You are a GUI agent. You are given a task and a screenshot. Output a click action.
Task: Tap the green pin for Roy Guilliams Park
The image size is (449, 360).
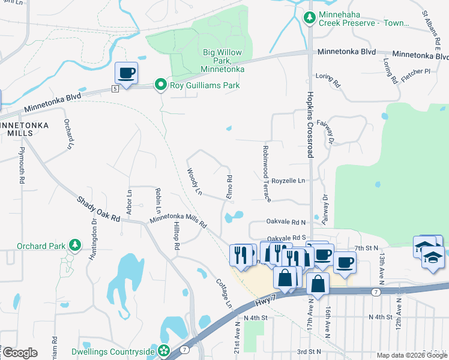(x=160, y=85)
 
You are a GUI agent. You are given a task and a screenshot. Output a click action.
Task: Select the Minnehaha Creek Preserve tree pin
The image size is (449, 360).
(x=309, y=18)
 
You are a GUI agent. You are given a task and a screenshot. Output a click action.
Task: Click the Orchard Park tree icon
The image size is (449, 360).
(x=74, y=245)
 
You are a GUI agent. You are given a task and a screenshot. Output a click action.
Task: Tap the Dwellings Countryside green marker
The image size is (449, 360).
(x=164, y=351)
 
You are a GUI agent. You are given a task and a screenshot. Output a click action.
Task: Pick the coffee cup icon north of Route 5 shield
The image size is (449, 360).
(x=126, y=73)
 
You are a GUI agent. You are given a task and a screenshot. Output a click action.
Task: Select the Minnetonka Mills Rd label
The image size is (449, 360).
(x=178, y=222)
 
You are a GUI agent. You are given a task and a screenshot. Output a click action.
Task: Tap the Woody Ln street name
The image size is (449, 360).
(x=194, y=181)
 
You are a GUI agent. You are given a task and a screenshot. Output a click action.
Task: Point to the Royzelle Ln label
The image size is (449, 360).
(x=288, y=180)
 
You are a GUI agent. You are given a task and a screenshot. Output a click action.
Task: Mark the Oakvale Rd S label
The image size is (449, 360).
(x=287, y=238)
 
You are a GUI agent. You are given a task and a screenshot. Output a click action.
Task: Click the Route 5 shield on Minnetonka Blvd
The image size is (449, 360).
(x=113, y=89)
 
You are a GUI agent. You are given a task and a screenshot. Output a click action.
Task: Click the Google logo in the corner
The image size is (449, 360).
(x=20, y=352)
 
